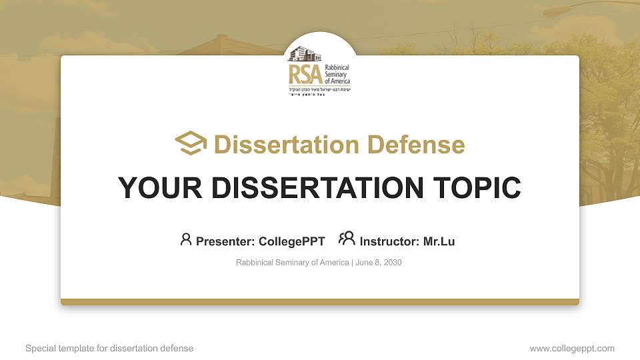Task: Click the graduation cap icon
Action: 191,143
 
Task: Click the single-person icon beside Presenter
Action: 186,239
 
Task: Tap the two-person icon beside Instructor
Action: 347,239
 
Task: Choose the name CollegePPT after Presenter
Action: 291,241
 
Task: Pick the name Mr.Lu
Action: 439,241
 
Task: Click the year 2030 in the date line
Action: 393,263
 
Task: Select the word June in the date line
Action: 365,263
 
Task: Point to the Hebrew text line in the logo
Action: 319,89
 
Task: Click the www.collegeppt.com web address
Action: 572,348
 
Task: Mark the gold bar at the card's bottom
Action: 320,302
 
